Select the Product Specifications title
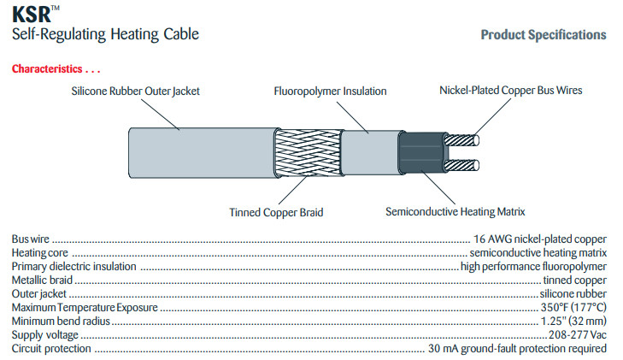tap(544, 35)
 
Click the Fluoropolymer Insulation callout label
tap(330, 91)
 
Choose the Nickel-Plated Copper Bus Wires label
tap(511, 90)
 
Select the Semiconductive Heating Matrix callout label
tap(455, 210)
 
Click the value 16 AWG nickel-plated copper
tap(540, 239)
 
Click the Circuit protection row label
tap(50, 348)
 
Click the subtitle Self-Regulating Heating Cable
tap(105, 35)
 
